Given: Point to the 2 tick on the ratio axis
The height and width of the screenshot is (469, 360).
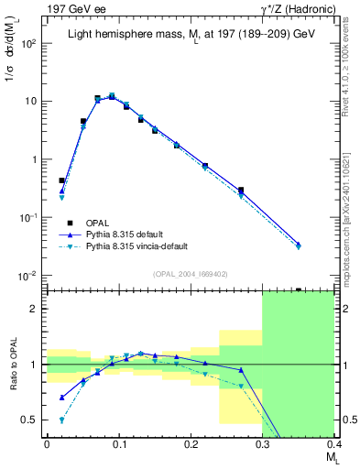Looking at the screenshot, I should pyautogui.click(x=37, y=309).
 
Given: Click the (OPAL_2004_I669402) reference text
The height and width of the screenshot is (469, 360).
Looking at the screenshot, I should pyautogui.click(x=190, y=273).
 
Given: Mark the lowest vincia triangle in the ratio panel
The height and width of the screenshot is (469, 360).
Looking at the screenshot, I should pyautogui.click(x=62, y=420).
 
